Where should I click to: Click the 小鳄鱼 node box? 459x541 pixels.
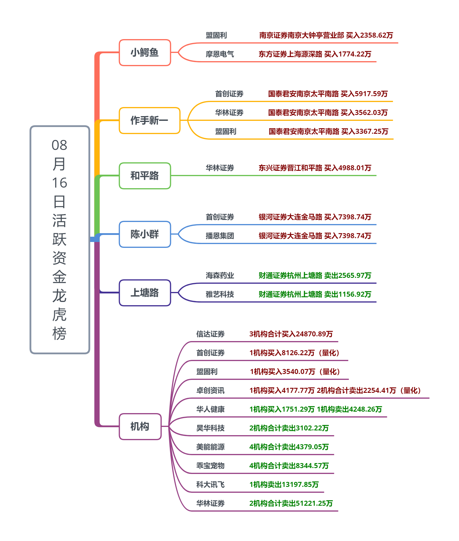(145, 53)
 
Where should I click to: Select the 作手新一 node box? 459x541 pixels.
(149, 121)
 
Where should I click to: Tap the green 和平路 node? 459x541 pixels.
(145, 176)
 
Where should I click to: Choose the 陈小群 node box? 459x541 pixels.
(145, 234)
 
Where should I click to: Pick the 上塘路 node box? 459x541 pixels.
(145, 293)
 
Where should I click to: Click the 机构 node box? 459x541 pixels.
(140, 427)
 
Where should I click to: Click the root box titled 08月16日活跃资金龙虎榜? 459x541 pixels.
(60, 240)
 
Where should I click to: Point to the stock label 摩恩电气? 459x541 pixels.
(220, 54)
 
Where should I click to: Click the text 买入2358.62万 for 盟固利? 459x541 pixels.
(370, 35)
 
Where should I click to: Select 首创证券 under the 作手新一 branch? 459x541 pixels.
(229, 94)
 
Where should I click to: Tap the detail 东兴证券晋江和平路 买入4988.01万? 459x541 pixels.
(315, 168)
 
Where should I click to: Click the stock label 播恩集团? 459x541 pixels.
(220, 236)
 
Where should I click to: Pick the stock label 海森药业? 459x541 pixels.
(220, 275)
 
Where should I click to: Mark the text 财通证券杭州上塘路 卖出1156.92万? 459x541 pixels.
(315, 294)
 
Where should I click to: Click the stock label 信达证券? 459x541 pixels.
(210, 334)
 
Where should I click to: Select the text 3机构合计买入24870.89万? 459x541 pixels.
(291, 334)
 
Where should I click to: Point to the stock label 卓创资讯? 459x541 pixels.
(210, 390)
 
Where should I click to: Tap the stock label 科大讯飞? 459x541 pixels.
(210, 485)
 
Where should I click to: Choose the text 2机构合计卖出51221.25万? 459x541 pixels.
(291, 503)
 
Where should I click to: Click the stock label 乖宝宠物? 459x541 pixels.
(210, 466)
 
